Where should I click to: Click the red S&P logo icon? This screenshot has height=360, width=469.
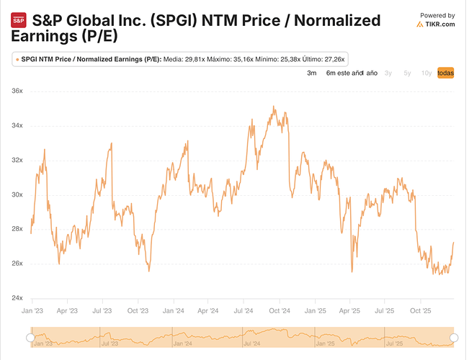(19, 21)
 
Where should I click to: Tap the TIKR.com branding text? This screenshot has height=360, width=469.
(439, 24)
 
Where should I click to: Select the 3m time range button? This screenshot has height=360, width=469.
(312, 73)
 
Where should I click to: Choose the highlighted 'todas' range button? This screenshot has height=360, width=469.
(446, 73)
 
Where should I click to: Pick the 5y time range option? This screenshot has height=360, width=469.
(408, 73)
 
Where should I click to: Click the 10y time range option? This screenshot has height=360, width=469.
(426, 73)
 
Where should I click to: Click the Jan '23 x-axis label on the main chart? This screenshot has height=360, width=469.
(32, 312)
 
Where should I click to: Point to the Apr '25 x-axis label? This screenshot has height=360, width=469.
(349, 312)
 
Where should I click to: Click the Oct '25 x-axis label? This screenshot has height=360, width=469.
(420, 312)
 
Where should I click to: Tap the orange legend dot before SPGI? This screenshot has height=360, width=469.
(17, 58)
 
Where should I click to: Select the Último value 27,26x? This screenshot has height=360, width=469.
(334, 58)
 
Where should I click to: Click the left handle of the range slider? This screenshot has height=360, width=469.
(30, 338)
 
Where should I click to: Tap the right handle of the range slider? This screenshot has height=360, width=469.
(454, 338)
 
